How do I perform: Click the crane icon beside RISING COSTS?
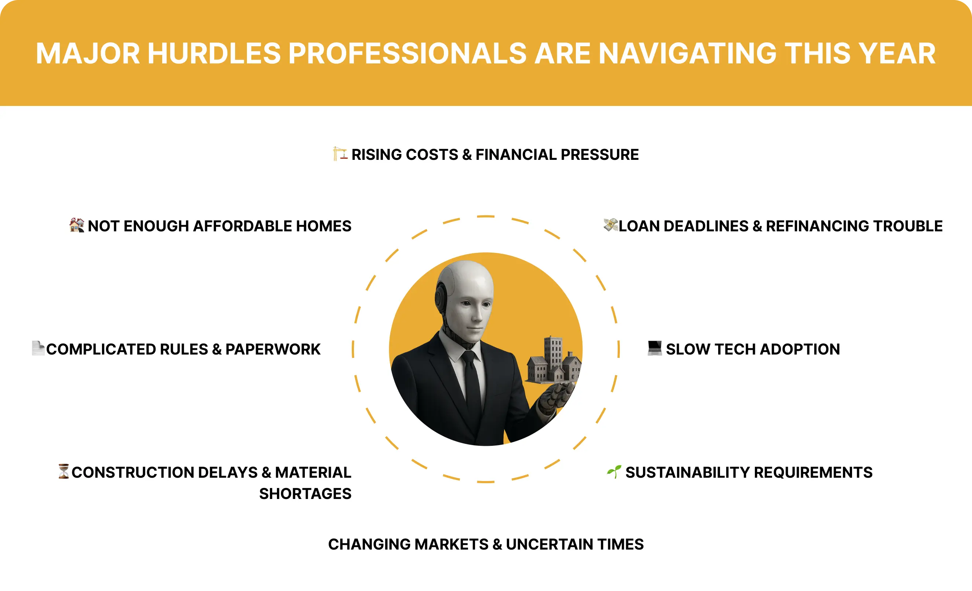[340, 154]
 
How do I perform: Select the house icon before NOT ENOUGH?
[77, 225]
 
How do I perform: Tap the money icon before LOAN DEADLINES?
[610, 225]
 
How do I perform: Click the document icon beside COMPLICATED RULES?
[38, 348]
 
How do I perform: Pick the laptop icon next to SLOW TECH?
[654, 348]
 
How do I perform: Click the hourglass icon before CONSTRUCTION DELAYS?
[63, 471]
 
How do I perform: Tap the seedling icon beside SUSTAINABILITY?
[614, 471]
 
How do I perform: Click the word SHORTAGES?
[305, 493]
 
